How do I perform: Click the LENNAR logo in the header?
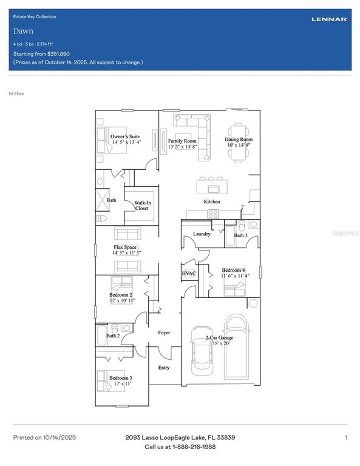coord(329,19)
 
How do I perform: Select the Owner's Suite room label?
coord(125,137)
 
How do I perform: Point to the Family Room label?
coord(182,141)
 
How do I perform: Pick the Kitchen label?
coord(212,201)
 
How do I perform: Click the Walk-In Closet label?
coord(141,206)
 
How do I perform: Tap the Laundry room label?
coord(202,234)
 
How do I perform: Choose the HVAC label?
coord(188,274)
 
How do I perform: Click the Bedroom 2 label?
coord(121,294)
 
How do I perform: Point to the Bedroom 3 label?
coord(120,378)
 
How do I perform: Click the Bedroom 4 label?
coord(234,270)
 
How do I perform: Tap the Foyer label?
coord(164,333)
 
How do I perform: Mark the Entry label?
coord(164,368)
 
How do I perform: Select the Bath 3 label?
coord(241,235)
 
